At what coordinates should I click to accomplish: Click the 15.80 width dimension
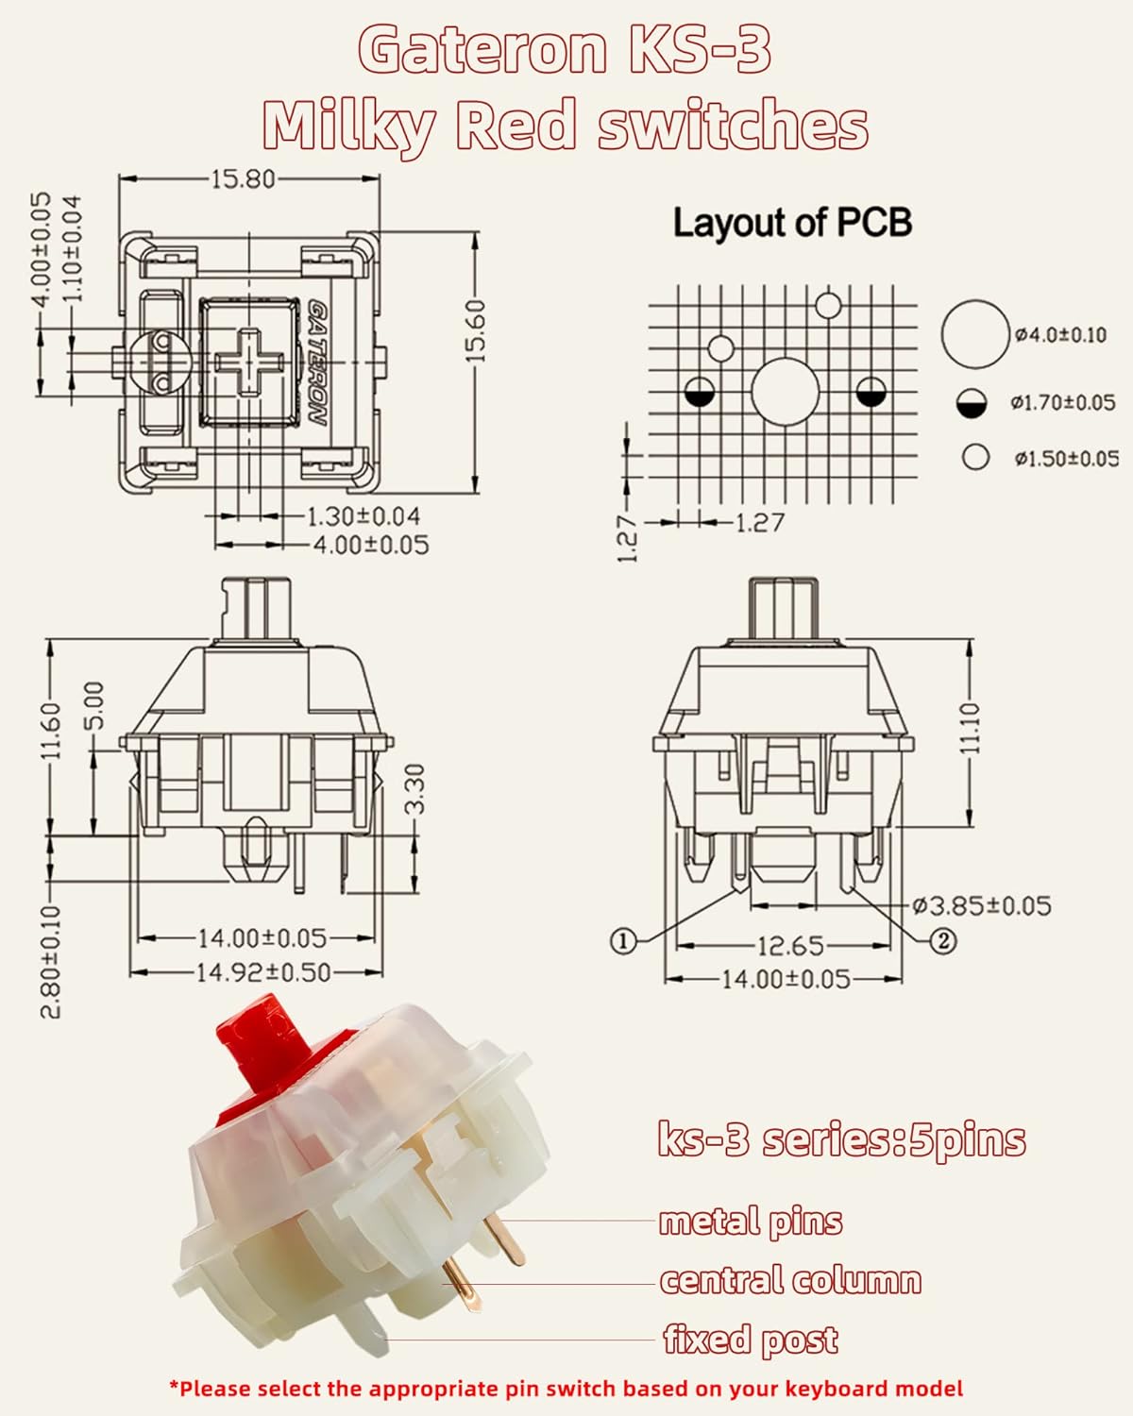coord(242,178)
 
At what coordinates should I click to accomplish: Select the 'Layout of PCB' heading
coord(792,223)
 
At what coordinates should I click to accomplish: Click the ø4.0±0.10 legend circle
coord(974,334)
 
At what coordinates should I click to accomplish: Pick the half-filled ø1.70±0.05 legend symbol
coord(972,403)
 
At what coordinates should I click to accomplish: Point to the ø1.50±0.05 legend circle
coord(975,458)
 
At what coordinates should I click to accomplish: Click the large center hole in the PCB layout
coord(785,392)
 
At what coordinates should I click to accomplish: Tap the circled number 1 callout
coord(622,940)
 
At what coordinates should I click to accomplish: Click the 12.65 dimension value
coord(790,945)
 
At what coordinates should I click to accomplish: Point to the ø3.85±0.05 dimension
coord(982,906)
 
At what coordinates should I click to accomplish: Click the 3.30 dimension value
coord(415,788)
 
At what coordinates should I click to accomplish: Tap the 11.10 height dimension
coord(971,727)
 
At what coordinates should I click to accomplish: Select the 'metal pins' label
coord(751,1222)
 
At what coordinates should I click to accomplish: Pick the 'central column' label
coord(790,1281)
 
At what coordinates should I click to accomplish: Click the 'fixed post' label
coord(751,1340)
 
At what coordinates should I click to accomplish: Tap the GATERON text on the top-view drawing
coord(318,364)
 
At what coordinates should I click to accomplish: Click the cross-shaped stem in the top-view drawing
coord(247,362)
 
